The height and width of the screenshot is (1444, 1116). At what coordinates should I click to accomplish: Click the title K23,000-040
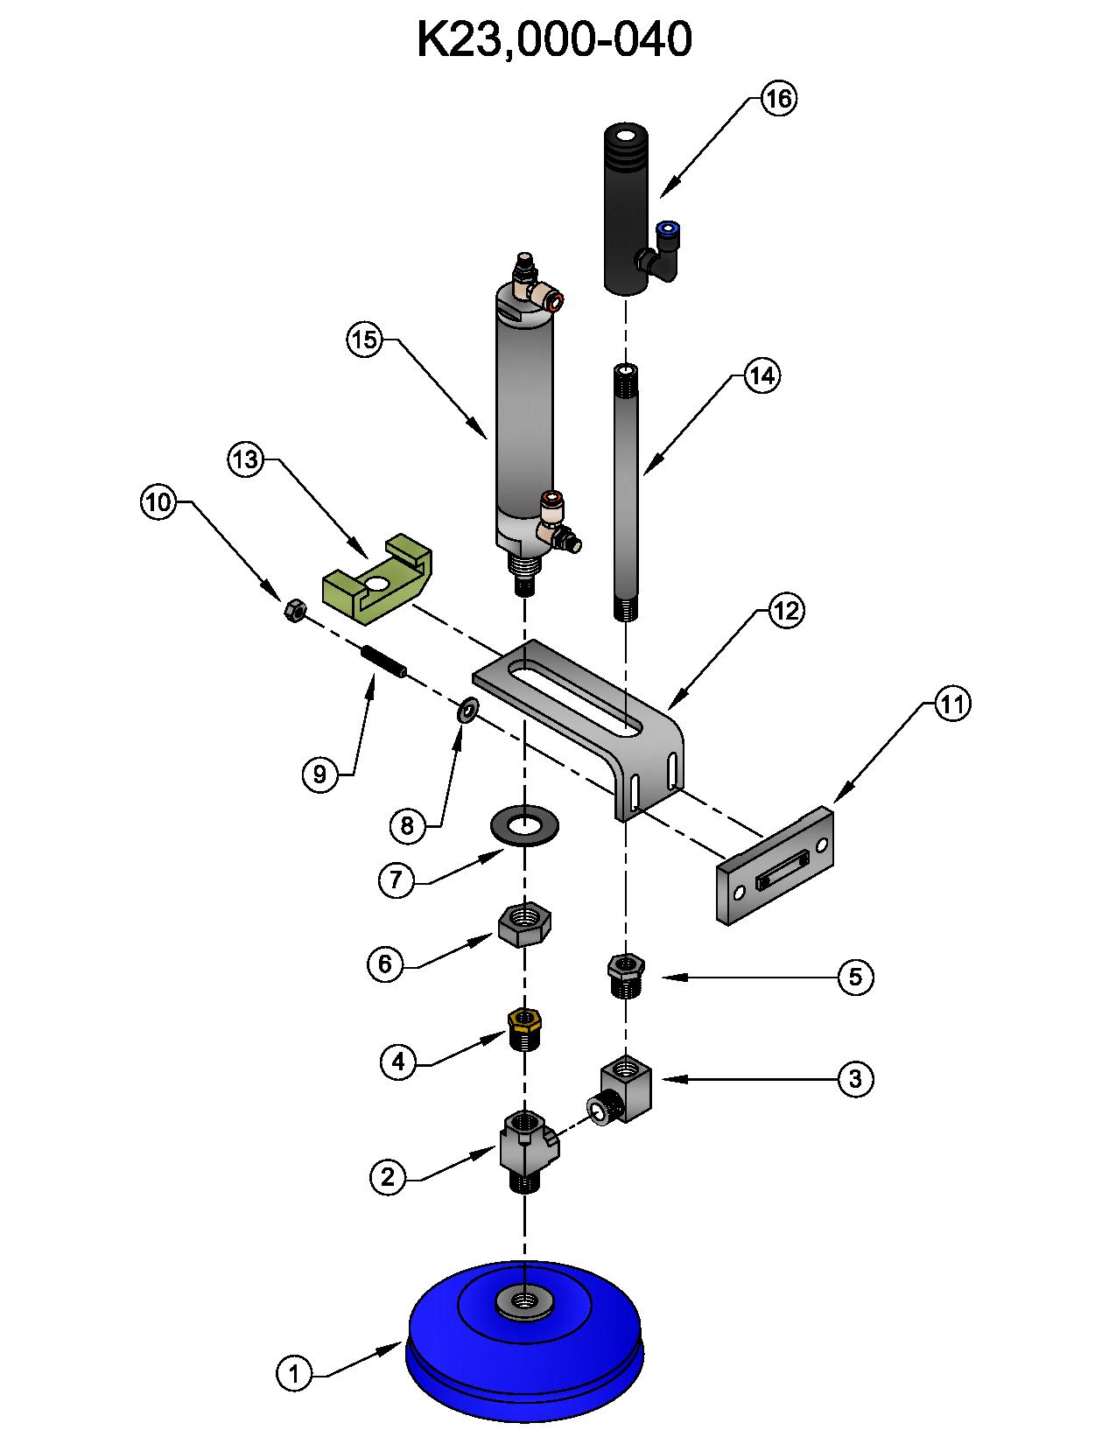pos(554,39)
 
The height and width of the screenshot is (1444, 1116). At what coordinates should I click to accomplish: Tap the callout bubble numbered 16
pos(777,99)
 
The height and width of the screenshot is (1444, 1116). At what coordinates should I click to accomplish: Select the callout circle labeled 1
pos(295,1372)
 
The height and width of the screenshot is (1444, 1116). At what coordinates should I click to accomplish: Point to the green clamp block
pos(377,581)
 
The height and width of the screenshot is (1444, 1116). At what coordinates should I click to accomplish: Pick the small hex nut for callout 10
pos(294,610)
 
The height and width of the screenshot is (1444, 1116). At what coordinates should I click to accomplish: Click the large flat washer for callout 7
pos(525,825)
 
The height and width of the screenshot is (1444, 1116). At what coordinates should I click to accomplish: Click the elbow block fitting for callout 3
pos(627,1090)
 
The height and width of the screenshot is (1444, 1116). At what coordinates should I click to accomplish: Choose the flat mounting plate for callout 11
pos(776,867)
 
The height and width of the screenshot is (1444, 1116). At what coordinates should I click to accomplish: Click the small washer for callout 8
pos(467,710)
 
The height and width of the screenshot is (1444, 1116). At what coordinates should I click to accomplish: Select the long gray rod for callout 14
pos(625,490)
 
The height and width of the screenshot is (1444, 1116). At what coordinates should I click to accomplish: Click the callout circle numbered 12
pos(785,611)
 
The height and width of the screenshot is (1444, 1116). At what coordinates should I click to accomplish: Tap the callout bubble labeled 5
pos(855,977)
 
